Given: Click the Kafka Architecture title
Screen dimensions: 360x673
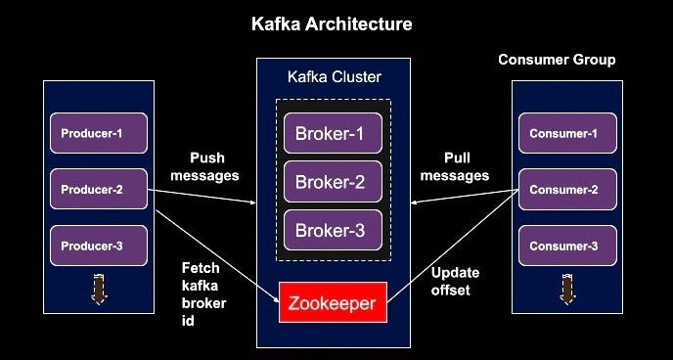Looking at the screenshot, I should [x=333, y=22].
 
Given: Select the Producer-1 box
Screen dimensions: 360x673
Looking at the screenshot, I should [x=98, y=133].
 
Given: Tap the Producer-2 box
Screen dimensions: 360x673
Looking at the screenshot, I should [x=98, y=189].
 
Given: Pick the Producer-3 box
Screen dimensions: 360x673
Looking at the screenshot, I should [x=98, y=246].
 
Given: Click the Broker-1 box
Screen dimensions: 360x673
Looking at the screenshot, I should [x=332, y=133].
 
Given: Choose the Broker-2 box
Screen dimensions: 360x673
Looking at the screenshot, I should [x=332, y=181].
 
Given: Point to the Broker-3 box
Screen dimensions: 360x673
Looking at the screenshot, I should [x=332, y=230].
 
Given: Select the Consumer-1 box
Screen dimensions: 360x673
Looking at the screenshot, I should [x=567, y=133].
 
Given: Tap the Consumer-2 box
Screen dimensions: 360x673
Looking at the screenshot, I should [x=567, y=189].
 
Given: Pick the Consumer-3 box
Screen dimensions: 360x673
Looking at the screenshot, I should [x=567, y=246].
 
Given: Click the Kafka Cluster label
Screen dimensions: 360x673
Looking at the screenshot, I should [x=334, y=76].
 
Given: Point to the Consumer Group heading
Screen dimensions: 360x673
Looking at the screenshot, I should [x=557, y=60].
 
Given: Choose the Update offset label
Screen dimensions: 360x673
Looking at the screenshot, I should [x=451, y=282].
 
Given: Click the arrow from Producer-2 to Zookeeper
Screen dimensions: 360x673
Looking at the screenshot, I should [x=215, y=246].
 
